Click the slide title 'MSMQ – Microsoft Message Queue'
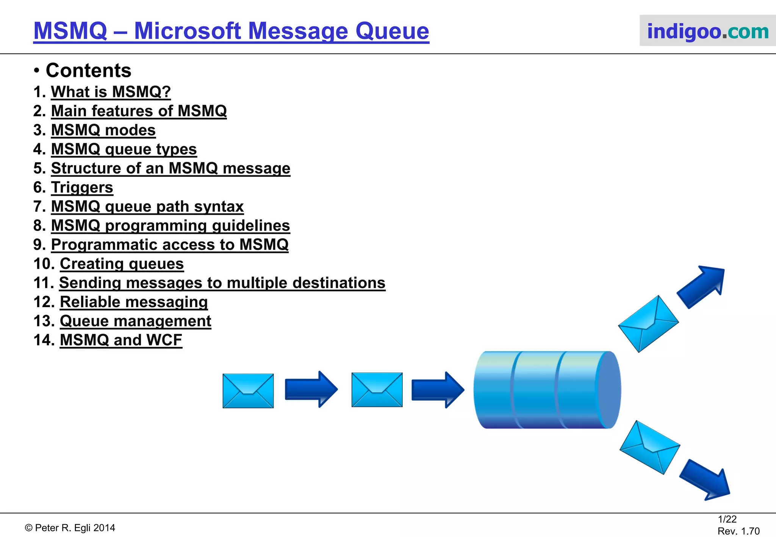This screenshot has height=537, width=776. pyautogui.click(x=231, y=31)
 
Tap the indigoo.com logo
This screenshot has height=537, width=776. pyautogui.click(x=707, y=31)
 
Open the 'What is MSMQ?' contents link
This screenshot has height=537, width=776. pyautogui.click(x=111, y=92)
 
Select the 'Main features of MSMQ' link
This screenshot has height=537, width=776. pyautogui.click(x=139, y=111)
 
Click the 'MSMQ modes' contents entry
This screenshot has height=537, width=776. pyautogui.click(x=103, y=130)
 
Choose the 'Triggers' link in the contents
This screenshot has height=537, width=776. pyautogui.click(x=82, y=187)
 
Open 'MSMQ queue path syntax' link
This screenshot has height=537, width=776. pyautogui.click(x=147, y=207)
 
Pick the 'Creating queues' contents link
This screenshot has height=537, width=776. pyautogui.click(x=122, y=264)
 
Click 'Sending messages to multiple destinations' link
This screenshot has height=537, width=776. pyautogui.click(x=222, y=283)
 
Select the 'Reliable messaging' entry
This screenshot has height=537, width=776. pyautogui.click(x=133, y=302)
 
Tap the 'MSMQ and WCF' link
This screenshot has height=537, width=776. pyautogui.click(x=121, y=340)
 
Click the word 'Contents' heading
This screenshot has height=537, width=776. pyautogui.click(x=88, y=71)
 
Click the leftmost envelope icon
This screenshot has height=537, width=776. pyautogui.click(x=248, y=391)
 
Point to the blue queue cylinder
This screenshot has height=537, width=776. pyautogui.click(x=546, y=390)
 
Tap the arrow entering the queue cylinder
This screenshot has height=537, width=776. pyautogui.click(x=437, y=390)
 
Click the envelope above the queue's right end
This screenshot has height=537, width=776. pyautogui.click(x=648, y=324)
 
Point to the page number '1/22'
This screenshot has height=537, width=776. pyautogui.click(x=727, y=519)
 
